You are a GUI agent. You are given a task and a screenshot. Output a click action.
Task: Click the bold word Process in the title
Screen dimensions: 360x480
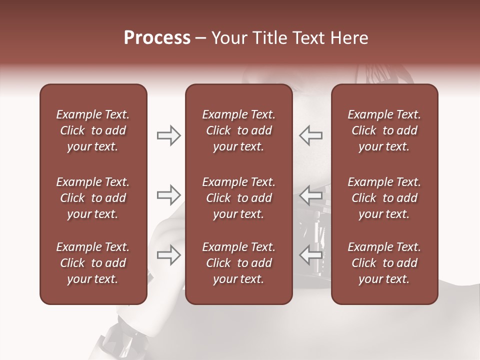tap(157, 38)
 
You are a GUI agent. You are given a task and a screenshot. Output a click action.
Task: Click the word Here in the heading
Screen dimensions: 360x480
tap(349, 38)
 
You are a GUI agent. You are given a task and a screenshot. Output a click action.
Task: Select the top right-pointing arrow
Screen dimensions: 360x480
tap(168, 135)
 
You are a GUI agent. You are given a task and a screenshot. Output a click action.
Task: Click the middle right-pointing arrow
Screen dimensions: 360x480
tap(168, 195)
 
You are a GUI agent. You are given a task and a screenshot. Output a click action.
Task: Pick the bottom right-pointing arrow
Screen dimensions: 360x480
tap(168, 255)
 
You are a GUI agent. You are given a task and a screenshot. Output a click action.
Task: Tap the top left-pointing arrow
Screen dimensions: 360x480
tap(311, 135)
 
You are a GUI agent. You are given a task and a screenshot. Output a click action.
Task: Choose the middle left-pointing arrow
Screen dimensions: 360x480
tap(311, 195)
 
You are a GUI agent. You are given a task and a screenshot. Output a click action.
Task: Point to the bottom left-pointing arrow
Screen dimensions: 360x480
tap(311, 255)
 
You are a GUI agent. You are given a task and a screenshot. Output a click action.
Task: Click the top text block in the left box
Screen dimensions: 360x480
tap(93, 130)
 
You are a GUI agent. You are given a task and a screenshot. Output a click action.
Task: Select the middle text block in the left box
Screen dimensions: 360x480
tap(93, 198)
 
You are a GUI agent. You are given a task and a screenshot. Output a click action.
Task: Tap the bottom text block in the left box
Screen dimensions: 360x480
tap(93, 263)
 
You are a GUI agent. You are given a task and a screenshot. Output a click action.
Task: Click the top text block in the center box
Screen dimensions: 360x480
tap(238, 130)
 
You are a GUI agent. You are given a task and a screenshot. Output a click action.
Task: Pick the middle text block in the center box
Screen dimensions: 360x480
tap(238, 198)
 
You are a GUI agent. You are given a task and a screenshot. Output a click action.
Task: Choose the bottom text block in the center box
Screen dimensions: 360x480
tap(238, 263)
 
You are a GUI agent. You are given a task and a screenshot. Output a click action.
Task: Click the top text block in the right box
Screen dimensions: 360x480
tap(384, 130)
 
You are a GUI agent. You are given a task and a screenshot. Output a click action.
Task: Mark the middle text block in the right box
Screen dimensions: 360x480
tap(384, 198)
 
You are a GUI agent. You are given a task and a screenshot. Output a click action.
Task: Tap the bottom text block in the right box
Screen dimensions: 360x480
tap(384, 263)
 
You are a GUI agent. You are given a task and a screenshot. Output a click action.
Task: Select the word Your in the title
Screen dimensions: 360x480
tap(227, 38)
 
